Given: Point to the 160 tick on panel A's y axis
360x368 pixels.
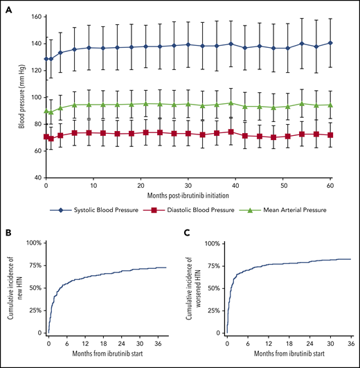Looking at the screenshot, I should pos(35,17).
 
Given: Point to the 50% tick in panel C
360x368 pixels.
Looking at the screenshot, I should pos(214,288).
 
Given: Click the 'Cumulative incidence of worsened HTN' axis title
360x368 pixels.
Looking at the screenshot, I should pos(193,288).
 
